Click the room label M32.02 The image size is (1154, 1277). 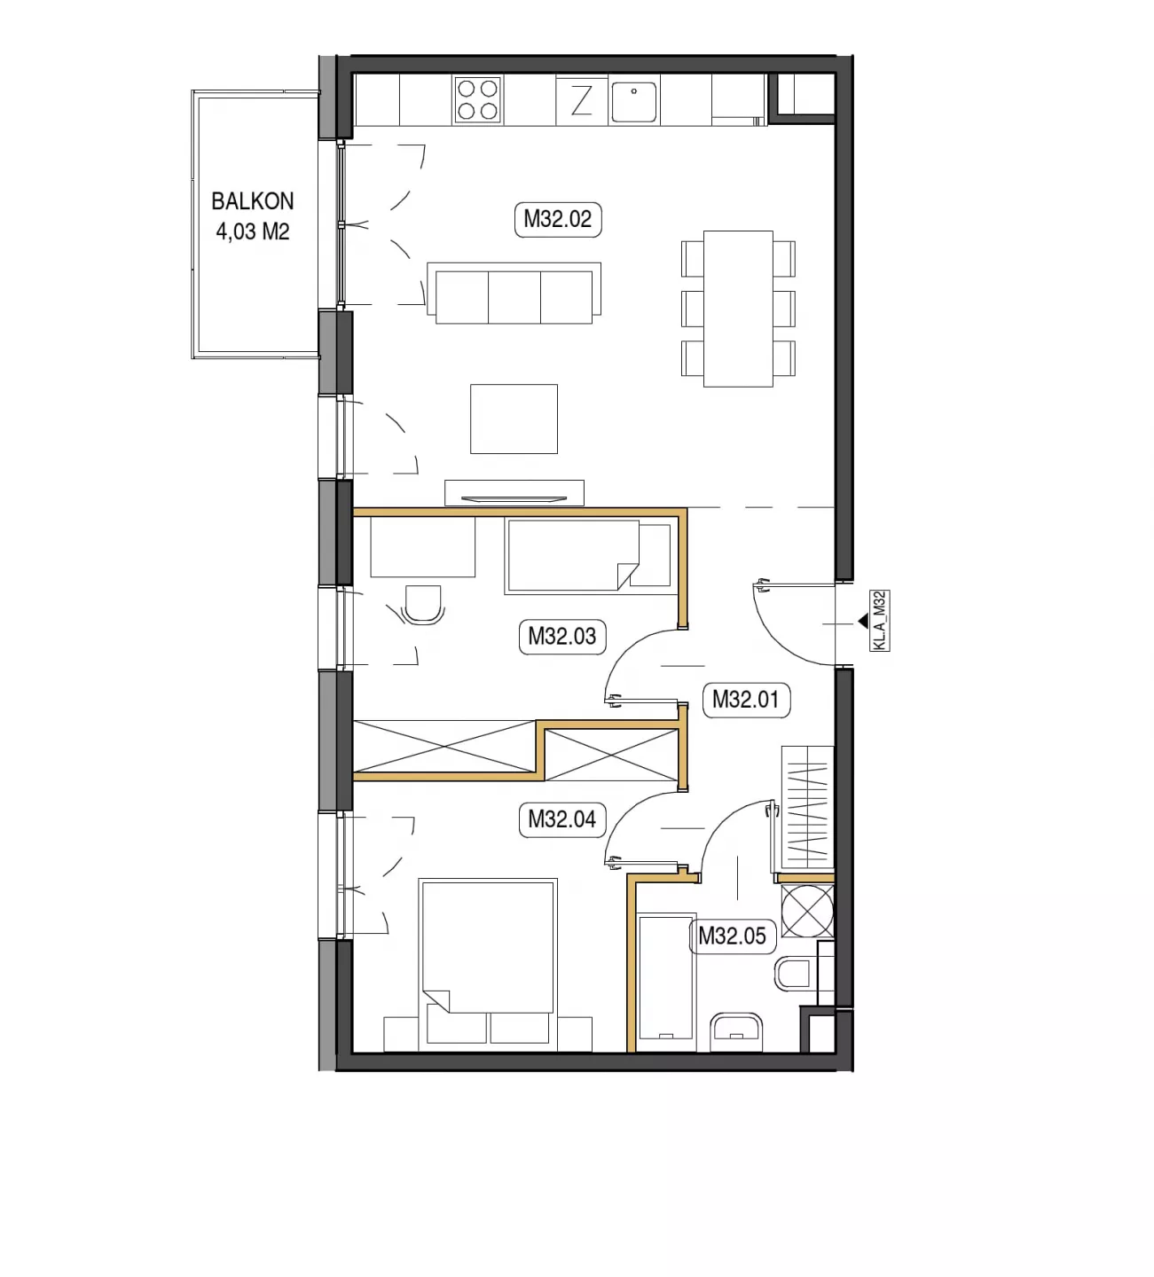(x=557, y=220)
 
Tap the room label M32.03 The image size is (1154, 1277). (x=561, y=637)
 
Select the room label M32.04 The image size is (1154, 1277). (x=561, y=819)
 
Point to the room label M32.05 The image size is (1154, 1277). (x=733, y=936)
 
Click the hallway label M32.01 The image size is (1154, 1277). (x=746, y=700)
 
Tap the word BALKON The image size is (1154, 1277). (x=253, y=202)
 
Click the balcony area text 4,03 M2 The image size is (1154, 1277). (x=253, y=231)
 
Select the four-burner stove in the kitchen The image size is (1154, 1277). (x=477, y=99)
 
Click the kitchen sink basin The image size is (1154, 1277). (x=633, y=102)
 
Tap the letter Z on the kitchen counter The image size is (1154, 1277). (x=582, y=100)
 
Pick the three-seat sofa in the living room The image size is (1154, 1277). (x=514, y=293)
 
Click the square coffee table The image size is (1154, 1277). (x=514, y=419)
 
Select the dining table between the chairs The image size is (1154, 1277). (x=738, y=309)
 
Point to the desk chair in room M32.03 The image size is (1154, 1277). (x=423, y=605)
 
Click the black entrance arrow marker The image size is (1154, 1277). (x=863, y=621)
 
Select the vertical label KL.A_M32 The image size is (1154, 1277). (x=880, y=621)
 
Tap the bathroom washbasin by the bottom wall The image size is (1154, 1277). (x=737, y=1032)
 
